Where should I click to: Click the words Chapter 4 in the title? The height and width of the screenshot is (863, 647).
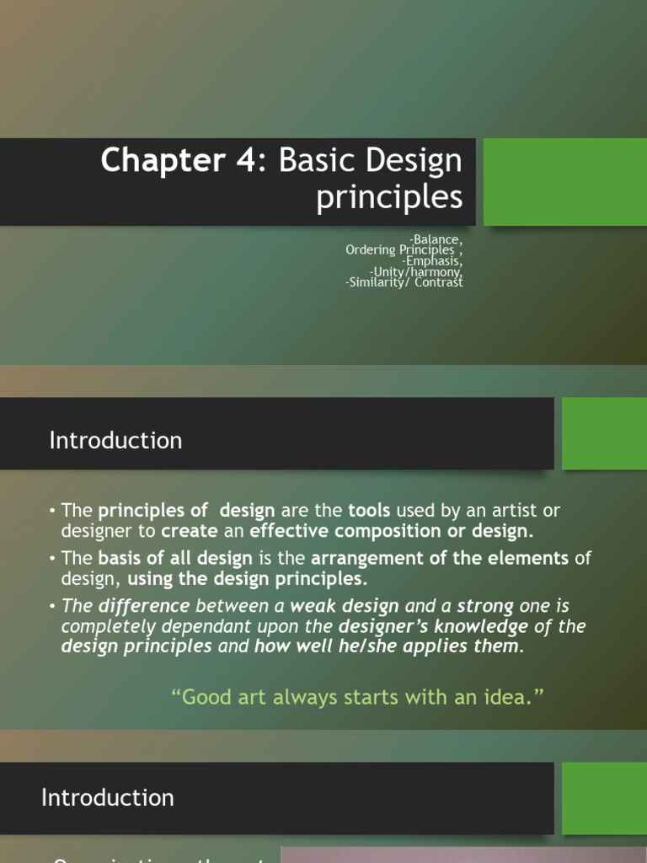176,160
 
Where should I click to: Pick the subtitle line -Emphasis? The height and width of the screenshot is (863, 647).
432,261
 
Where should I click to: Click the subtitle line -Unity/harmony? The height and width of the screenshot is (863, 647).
416,272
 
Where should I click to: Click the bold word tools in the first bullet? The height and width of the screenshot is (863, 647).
369,511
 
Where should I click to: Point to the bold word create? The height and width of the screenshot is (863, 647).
189,531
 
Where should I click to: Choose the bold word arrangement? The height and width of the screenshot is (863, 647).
365,558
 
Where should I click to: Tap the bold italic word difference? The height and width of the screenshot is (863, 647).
144,606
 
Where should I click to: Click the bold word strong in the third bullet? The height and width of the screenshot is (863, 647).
485,606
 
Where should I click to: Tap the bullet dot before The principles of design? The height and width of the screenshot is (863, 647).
52,512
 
